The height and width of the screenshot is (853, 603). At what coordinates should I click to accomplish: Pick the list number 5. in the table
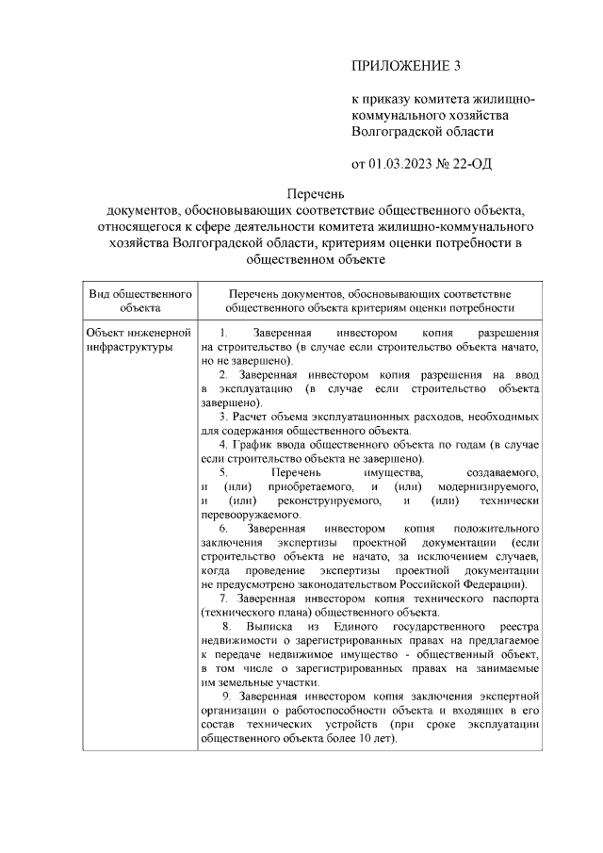(x=223, y=470)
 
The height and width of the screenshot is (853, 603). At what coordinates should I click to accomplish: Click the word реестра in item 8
(x=516, y=626)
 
